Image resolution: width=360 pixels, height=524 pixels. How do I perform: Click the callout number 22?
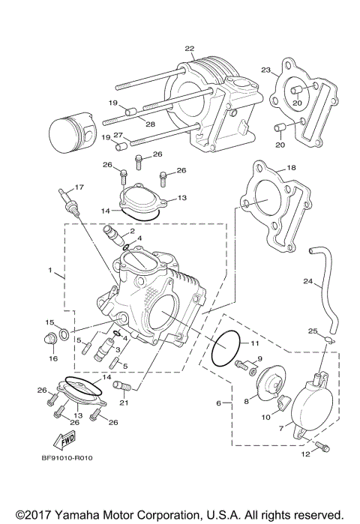(x=190, y=47)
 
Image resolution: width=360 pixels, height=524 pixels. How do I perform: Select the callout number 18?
(x=292, y=169)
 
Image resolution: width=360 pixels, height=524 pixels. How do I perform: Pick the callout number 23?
(x=265, y=70)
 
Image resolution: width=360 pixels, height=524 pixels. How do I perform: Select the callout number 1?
(x=51, y=269)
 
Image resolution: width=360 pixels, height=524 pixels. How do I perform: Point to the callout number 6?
(x=219, y=403)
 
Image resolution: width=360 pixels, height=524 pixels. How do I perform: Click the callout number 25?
(x=313, y=330)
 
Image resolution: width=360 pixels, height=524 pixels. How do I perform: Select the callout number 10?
(x=266, y=417)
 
